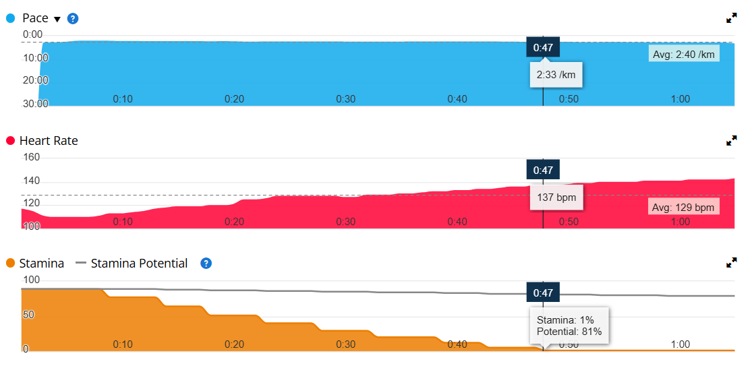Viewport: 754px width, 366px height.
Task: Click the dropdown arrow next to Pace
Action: pyautogui.click(x=57, y=19)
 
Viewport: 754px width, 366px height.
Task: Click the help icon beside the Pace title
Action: pyautogui.click(x=73, y=18)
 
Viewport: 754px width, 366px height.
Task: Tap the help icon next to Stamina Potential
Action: pyautogui.click(x=206, y=263)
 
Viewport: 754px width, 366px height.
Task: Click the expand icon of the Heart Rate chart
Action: pyautogui.click(x=731, y=140)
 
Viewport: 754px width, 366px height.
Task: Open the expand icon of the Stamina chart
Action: pyautogui.click(x=731, y=262)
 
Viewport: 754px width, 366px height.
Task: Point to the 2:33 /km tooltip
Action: pyautogui.click(x=556, y=75)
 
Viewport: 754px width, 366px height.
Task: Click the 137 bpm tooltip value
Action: pyautogui.click(x=556, y=198)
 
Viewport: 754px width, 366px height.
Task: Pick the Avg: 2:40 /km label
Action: pyautogui.click(x=683, y=54)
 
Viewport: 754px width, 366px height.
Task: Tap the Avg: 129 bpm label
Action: pyautogui.click(x=683, y=207)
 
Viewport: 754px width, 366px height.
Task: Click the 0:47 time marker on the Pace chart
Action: pyautogui.click(x=543, y=47)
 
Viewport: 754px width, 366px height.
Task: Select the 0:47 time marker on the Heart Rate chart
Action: pyautogui.click(x=543, y=170)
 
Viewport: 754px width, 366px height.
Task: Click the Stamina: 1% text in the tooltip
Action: pyautogui.click(x=565, y=320)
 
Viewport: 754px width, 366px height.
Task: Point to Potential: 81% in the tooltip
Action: pyautogui.click(x=569, y=332)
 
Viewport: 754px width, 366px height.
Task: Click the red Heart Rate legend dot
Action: pyautogui.click(x=10, y=141)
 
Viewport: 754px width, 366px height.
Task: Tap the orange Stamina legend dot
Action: pyautogui.click(x=10, y=263)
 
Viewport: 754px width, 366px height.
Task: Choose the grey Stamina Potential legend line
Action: pyautogui.click(x=81, y=263)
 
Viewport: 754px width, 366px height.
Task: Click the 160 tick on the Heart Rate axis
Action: pyautogui.click(x=32, y=158)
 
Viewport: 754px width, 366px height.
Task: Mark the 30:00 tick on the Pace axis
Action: pyautogui.click(x=36, y=104)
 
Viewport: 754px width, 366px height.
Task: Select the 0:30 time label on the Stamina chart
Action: pyautogui.click(x=346, y=344)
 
